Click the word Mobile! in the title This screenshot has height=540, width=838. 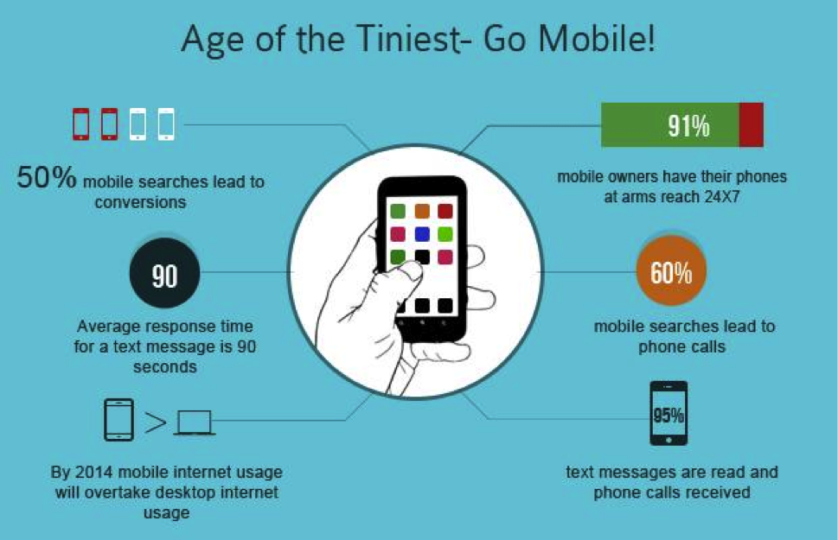click(597, 39)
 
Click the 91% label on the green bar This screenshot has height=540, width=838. click(688, 126)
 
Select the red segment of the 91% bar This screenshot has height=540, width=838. click(752, 125)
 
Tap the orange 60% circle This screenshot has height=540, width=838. click(671, 270)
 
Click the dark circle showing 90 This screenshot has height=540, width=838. click(164, 273)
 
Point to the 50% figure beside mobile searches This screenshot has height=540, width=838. click(47, 177)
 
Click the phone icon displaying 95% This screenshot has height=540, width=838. click(668, 413)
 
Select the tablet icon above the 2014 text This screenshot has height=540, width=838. click(118, 420)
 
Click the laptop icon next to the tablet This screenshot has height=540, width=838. click(195, 422)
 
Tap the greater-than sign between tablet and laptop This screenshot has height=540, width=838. click(155, 423)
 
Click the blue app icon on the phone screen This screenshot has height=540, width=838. click(422, 234)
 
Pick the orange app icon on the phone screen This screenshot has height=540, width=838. click(422, 211)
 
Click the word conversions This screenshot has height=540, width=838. click(141, 202)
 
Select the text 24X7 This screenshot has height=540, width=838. click(722, 197)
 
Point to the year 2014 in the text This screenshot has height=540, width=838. click(94, 472)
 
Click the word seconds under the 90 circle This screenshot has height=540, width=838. click(165, 367)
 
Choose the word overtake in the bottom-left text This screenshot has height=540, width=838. click(115, 492)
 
